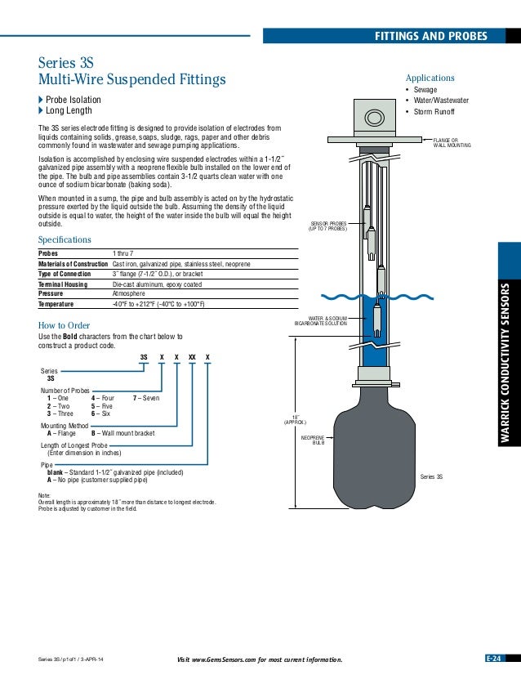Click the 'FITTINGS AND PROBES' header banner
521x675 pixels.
[x=430, y=36]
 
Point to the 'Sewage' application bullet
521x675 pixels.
[x=426, y=89]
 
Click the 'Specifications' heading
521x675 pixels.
[x=65, y=239]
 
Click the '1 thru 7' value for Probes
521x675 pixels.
[x=125, y=254]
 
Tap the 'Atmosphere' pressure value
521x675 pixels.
[x=128, y=293]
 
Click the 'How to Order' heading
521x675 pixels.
[x=64, y=324]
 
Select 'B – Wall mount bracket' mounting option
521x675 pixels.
[x=122, y=433]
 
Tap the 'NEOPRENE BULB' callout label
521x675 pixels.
[x=313, y=440]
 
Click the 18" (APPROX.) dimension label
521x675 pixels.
[x=294, y=419]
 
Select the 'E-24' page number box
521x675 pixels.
[x=495, y=659]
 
